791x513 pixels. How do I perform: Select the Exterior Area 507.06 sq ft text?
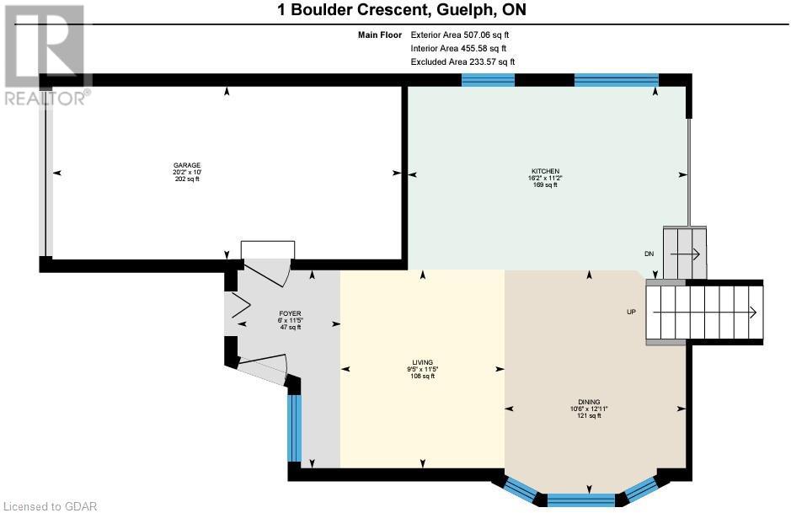460,35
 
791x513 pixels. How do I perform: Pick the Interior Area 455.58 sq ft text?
457,49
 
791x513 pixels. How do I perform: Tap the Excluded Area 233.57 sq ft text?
462,62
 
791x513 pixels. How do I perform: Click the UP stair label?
631,312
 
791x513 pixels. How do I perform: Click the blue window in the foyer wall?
294,428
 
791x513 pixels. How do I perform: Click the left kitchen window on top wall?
488,80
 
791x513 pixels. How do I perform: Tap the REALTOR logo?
45,55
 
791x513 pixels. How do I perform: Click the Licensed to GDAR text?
50,506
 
